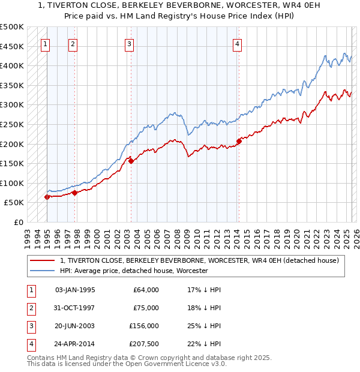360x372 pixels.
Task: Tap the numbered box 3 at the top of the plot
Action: pos(130,43)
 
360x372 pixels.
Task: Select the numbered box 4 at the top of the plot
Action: pos(238,43)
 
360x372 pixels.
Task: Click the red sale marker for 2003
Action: pos(131,161)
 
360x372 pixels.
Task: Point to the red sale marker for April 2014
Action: pos(239,141)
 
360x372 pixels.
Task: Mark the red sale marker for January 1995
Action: pos(47,197)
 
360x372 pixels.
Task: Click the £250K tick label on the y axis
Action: pos(12,124)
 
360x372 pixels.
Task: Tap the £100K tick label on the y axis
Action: pos(12,183)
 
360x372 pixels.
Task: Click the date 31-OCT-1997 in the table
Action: pos(74,308)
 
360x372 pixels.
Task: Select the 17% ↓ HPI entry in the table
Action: pos(204,290)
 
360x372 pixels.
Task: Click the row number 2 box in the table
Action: pos(31,308)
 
